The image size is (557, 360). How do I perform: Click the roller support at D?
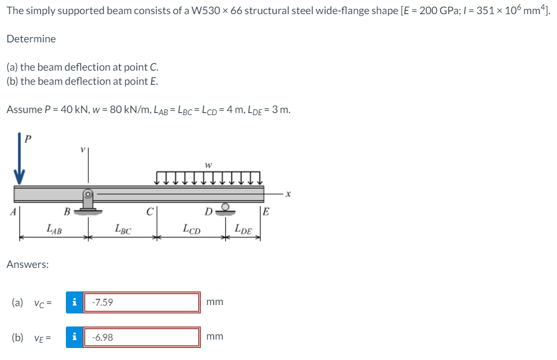(226, 209)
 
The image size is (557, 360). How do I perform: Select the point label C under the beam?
(149, 212)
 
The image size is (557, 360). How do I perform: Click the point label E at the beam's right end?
(266, 212)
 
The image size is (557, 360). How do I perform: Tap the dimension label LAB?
(53, 228)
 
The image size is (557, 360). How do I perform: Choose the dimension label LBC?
(122, 229)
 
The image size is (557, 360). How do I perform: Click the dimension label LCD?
(190, 228)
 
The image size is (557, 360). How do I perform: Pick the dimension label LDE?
(243, 228)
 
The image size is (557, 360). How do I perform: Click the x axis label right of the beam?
(288, 194)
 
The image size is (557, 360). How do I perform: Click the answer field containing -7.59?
(141, 302)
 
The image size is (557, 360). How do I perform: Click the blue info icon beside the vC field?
(74, 302)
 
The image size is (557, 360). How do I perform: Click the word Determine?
(31, 39)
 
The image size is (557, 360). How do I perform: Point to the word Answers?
(28, 265)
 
